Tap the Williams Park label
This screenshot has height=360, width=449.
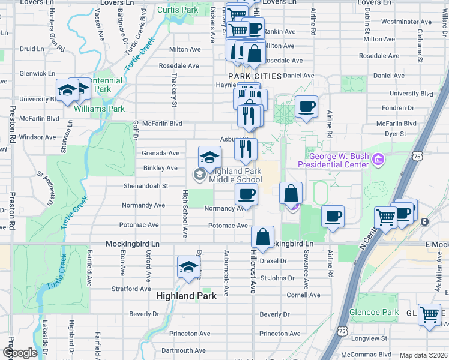pyautogui.click(x=99, y=109)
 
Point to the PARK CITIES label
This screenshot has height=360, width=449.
pyautogui.click(x=255, y=76)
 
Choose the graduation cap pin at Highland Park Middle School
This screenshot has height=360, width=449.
pyautogui.click(x=209, y=157)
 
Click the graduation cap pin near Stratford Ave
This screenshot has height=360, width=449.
pyautogui.click(x=188, y=268)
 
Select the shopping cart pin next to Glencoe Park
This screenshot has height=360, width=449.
pyautogui.click(x=429, y=314)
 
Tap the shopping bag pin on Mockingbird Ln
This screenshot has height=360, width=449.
pyautogui.click(x=262, y=237)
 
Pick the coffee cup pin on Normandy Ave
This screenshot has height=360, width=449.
pyautogui.click(x=246, y=195)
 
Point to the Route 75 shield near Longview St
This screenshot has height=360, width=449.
pyautogui.click(x=342, y=331)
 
